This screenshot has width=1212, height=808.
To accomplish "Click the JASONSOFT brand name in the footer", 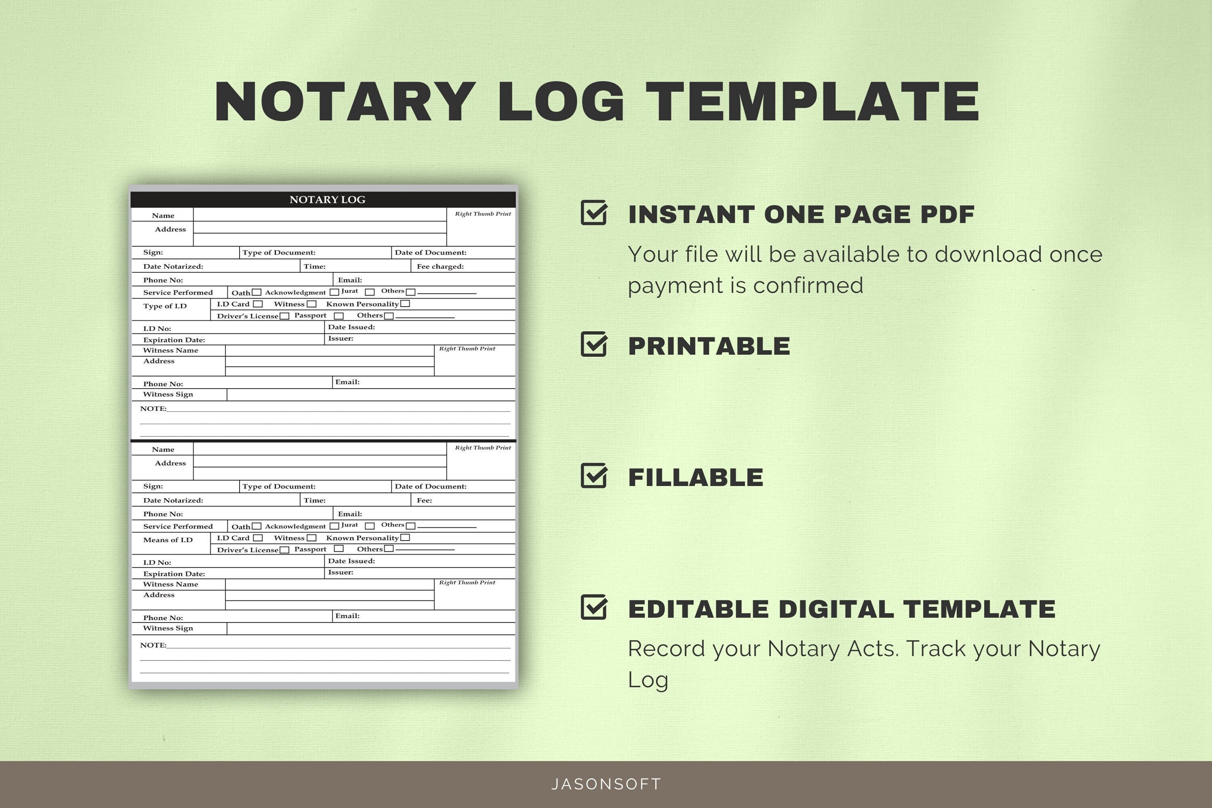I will point(606,784).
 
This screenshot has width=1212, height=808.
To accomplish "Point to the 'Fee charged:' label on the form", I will point(440,266).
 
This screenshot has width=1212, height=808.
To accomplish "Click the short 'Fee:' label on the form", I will point(424,501).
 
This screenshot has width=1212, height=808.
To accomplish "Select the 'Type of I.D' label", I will point(165,306).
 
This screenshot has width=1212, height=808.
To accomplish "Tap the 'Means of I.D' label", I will point(168,540).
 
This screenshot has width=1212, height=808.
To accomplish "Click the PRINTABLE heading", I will point(709,346).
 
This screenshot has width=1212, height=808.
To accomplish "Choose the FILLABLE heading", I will point(696,477).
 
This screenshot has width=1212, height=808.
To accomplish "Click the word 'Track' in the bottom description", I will point(937,648).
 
